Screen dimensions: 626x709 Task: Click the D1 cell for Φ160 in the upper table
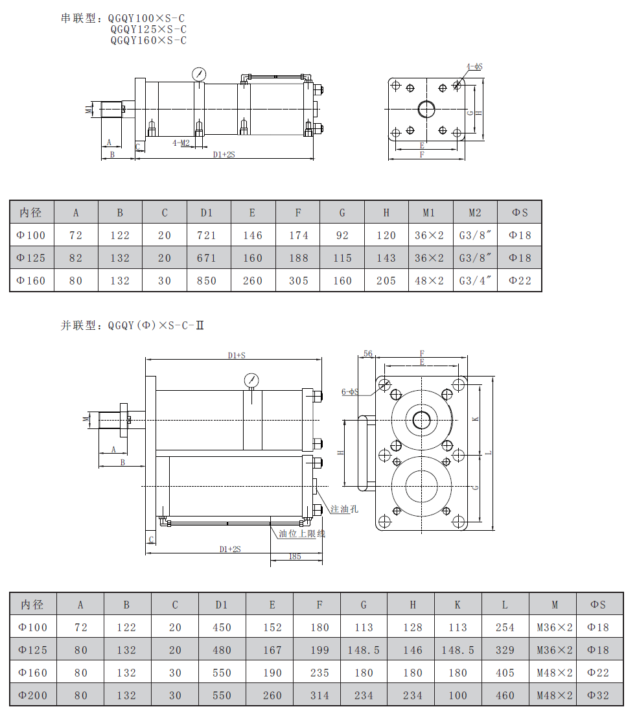(x=207, y=281)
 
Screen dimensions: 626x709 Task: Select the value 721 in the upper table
(x=207, y=236)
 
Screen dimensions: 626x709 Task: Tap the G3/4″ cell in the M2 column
(x=475, y=281)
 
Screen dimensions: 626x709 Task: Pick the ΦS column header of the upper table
(x=520, y=213)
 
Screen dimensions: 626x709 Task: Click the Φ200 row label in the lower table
(x=32, y=695)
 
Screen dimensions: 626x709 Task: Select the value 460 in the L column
(x=505, y=695)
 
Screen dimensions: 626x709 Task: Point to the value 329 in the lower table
(x=505, y=650)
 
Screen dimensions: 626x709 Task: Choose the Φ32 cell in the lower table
(x=598, y=695)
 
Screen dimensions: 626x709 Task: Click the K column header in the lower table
(x=458, y=605)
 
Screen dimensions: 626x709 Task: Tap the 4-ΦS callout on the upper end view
(x=474, y=67)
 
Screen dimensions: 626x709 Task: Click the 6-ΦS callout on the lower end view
(x=350, y=391)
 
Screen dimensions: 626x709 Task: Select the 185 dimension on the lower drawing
(x=295, y=557)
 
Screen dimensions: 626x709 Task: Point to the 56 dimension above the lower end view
(x=368, y=354)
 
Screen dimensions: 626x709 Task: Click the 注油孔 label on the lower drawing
(x=344, y=509)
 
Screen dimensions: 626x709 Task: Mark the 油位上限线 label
(x=302, y=533)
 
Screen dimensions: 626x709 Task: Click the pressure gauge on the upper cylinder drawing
(x=199, y=74)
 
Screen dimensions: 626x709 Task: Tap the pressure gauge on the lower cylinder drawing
(x=251, y=380)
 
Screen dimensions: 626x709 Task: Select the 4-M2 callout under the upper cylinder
(x=181, y=143)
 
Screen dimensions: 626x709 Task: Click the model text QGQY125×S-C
(x=148, y=29)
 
